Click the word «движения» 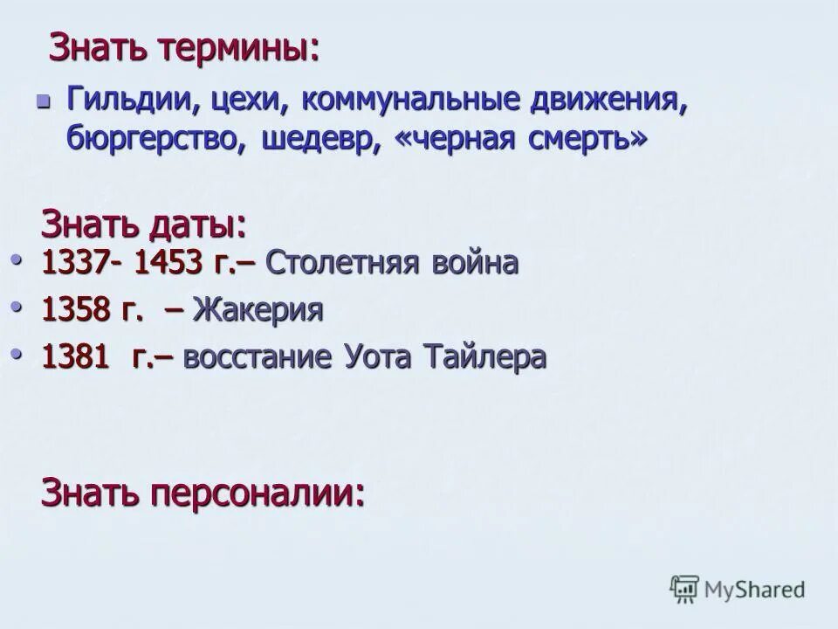coord(608,98)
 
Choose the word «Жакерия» coord(258,309)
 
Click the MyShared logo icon coord(685,590)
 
